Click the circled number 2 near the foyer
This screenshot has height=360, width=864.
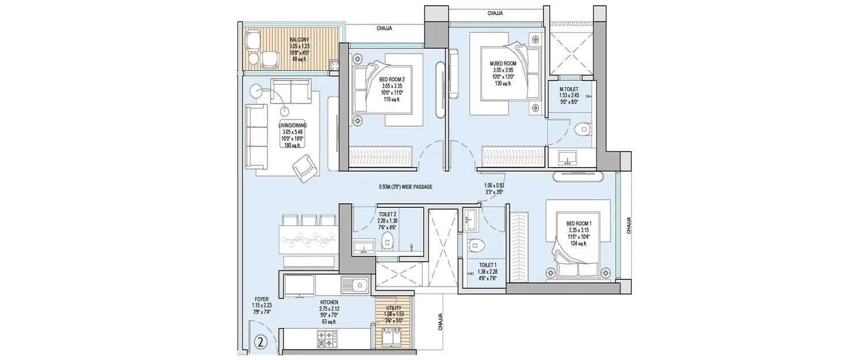(x=261, y=342)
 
